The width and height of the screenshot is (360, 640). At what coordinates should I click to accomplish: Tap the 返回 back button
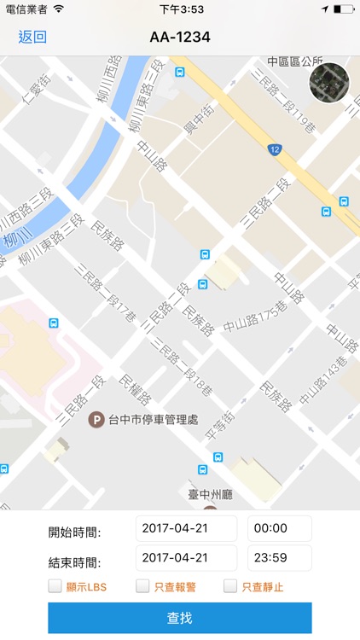tap(32, 37)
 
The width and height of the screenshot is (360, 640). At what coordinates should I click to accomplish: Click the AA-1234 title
tap(179, 37)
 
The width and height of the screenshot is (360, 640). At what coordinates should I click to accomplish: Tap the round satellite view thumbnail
tap(328, 83)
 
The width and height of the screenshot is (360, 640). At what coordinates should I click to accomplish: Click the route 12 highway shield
tap(274, 149)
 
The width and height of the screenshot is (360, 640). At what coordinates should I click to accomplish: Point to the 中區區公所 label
tap(295, 61)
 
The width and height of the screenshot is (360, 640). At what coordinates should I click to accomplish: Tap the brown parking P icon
tap(98, 418)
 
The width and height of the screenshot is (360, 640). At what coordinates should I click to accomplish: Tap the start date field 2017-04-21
tap(186, 528)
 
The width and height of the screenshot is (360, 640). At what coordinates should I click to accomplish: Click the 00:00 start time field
tap(279, 528)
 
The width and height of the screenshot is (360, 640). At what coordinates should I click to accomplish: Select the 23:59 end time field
tap(279, 558)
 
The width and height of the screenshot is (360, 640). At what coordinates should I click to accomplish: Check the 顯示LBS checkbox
tap(55, 586)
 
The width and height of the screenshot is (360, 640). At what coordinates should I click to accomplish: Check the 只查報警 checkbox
tap(142, 586)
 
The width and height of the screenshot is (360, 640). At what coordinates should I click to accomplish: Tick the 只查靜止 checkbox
tap(230, 586)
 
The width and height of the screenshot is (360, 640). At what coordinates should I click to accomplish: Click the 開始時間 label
tap(75, 532)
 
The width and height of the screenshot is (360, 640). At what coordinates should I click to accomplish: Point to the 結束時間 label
tap(75, 562)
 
